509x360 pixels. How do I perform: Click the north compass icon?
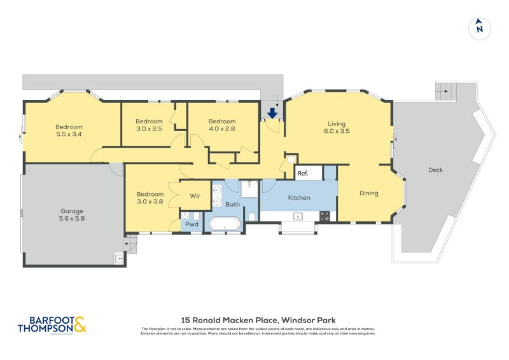[x=480, y=28]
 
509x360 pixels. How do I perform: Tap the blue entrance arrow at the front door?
[x=272, y=114]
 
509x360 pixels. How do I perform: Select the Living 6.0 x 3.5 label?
[x=338, y=127]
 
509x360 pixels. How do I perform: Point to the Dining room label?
[x=369, y=193]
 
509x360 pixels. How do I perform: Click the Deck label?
[x=435, y=170]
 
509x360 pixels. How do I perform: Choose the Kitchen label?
[x=298, y=198]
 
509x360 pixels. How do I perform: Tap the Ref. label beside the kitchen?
[x=303, y=174]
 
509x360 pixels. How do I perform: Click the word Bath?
[x=232, y=204]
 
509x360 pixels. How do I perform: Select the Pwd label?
[x=191, y=225]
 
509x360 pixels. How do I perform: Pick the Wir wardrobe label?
[x=195, y=196]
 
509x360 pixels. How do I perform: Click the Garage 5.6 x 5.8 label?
[x=72, y=215]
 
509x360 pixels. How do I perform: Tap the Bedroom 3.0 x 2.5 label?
[x=149, y=125]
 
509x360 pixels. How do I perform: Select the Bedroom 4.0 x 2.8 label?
[x=222, y=125]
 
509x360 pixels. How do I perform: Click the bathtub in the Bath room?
[x=225, y=225]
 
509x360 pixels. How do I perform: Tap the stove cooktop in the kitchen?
[x=324, y=216]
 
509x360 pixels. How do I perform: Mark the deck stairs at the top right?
[x=446, y=92]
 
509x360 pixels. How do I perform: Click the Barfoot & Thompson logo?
[x=51, y=324]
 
